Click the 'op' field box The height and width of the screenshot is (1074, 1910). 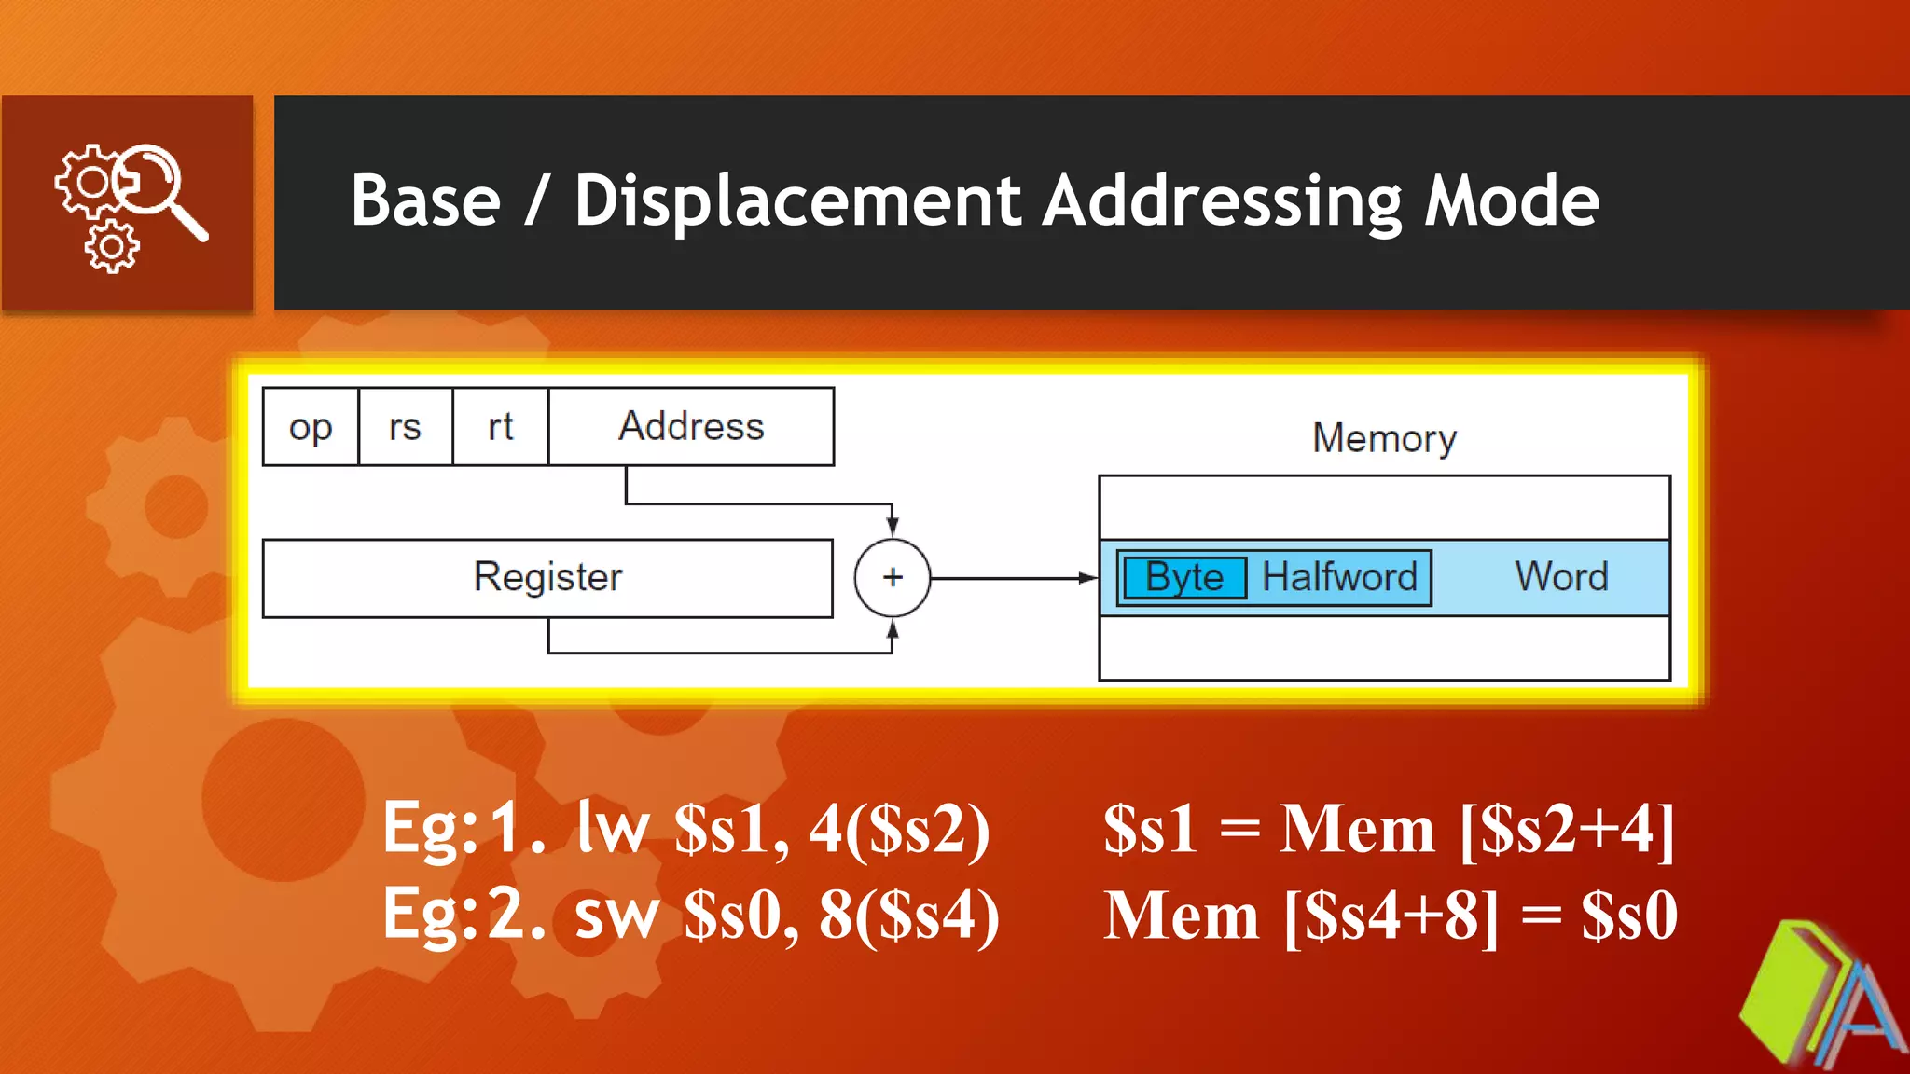(311, 427)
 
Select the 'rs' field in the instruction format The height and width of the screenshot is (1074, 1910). (406, 427)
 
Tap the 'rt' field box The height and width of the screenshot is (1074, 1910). (501, 427)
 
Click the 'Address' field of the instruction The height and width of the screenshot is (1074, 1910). (691, 427)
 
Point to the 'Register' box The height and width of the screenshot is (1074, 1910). (547, 578)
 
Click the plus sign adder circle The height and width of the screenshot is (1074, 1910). (893, 578)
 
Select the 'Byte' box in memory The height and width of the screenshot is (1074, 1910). (1184, 578)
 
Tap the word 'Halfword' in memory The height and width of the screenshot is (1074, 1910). (1339, 578)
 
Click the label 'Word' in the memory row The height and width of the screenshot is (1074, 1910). (1561, 577)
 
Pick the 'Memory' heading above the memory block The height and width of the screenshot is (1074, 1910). (1384, 438)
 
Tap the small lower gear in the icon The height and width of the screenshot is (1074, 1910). (112, 248)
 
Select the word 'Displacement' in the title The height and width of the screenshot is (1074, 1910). (797, 201)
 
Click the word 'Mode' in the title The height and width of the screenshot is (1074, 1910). (1511, 201)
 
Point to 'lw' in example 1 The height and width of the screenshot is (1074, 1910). (613, 828)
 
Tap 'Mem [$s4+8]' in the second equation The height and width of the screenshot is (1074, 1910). (1301, 916)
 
